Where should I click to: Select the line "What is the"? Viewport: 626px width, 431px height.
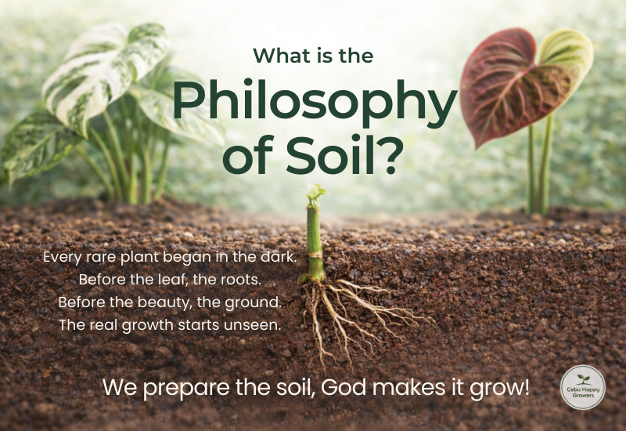tap(313, 56)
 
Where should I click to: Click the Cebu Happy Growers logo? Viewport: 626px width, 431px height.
tap(583, 387)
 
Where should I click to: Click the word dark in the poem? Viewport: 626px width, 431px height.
tap(277, 256)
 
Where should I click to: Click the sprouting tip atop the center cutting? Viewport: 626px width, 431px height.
tap(315, 192)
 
